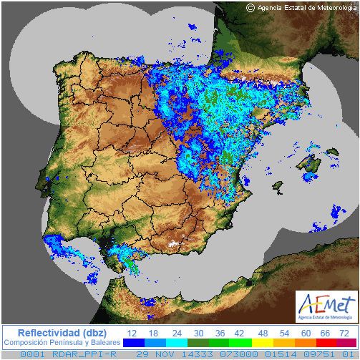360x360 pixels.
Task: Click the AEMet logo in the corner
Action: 326,306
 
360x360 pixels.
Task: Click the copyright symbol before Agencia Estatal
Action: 250,7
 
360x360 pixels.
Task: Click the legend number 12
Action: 132,333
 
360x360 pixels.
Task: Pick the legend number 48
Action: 262,333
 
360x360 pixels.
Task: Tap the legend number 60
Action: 305,333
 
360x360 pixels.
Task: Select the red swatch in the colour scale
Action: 326,343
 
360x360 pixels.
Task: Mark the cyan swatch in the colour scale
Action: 177,343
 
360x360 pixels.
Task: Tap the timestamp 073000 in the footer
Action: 225,354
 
